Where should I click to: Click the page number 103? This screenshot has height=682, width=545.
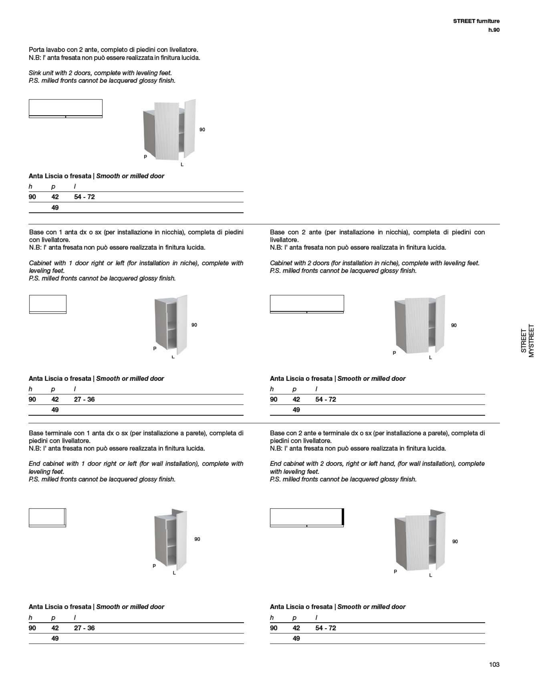[x=494, y=664]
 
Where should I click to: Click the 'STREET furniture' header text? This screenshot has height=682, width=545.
[x=476, y=21]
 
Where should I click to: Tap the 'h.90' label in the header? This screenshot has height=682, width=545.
[x=494, y=30]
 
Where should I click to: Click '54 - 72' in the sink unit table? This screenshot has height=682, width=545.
[x=84, y=197]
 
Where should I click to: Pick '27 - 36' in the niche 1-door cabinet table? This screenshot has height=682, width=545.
[x=84, y=399]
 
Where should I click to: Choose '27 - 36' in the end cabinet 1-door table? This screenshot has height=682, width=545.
[x=84, y=628]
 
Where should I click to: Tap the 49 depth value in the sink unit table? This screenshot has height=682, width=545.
[x=55, y=208]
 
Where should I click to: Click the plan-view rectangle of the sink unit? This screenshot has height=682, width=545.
[x=65, y=108]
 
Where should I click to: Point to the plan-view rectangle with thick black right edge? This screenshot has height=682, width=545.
[x=307, y=518]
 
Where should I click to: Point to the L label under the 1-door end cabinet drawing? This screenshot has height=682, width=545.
[x=174, y=573]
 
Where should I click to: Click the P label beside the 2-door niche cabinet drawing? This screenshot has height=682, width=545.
[x=394, y=353]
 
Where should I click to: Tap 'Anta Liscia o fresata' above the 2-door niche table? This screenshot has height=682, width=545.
[x=301, y=378]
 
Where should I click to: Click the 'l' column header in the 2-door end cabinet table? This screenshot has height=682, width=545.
[x=316, y=618]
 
